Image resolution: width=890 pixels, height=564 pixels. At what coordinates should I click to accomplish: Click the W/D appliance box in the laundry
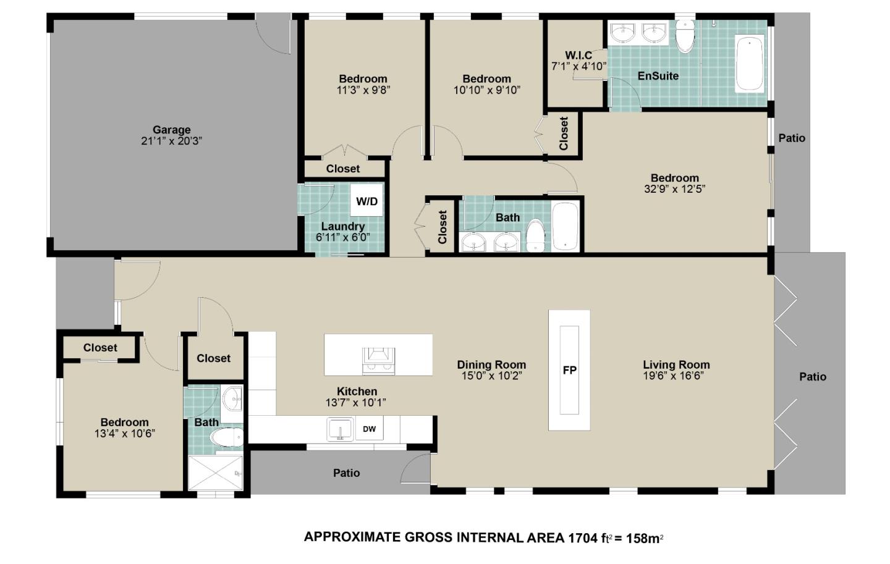(x=367, y=201)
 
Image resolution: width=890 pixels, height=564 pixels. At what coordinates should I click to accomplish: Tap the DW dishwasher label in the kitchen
(x=370, y=429)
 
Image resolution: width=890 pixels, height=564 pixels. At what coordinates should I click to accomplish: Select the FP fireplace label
(x=569, y=370)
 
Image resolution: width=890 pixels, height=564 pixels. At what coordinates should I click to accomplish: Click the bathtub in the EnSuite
(x=750, y=64)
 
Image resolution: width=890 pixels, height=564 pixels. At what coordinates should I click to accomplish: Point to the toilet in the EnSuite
(x=685, y=36)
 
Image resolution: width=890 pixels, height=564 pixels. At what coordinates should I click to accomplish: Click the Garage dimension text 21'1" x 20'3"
(x=172, y=141)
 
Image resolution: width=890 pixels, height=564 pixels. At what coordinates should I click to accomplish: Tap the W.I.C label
(x=578, y=55)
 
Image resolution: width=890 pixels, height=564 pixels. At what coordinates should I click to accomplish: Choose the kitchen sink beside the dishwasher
(x=340, y=429)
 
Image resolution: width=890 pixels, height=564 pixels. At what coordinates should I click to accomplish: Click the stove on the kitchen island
(x=378, y=361)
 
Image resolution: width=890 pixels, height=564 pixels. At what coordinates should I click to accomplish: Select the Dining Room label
(x=491, y=364)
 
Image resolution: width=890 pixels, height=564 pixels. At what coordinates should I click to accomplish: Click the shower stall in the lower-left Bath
(x=215, y=473)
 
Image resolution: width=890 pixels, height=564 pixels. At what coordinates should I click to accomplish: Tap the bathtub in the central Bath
(x=566, y=226)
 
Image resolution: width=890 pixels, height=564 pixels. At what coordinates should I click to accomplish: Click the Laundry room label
(x=343, y=226)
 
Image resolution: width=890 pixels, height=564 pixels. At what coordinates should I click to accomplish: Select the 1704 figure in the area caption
(x=583, y=538)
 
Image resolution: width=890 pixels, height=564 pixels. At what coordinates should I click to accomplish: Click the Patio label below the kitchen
(x=347, y=473)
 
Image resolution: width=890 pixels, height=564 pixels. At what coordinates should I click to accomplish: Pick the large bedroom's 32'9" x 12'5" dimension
(x=675, y=189)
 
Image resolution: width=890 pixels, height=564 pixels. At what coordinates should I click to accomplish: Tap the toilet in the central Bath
(x=536, y=235)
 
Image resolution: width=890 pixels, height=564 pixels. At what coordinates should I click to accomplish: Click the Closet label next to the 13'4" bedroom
(x=100, y=348)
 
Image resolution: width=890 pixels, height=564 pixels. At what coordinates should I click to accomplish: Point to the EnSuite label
(x=658, y=76)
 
